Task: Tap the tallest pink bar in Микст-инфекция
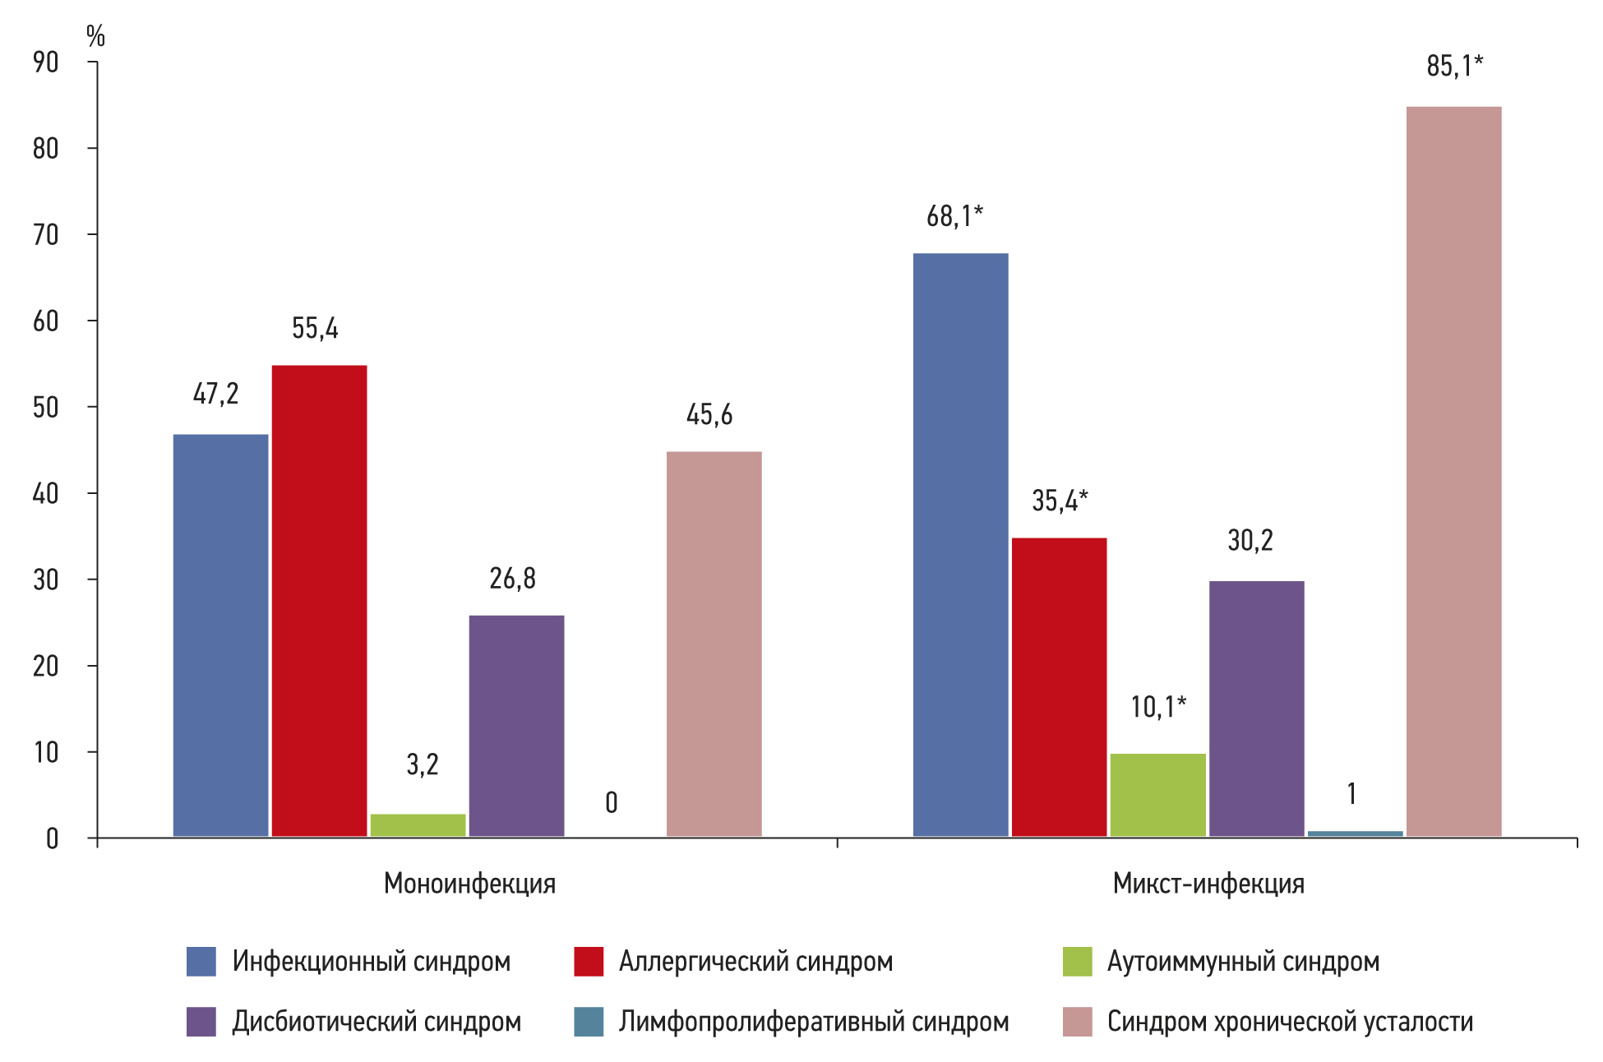1453,471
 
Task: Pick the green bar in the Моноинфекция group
418,824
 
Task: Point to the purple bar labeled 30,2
1256,709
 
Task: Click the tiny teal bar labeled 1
1355,833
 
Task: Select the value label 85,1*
1454,66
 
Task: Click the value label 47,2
215,394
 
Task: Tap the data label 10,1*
1158,707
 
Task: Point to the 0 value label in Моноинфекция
611,802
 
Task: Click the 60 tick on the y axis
46,321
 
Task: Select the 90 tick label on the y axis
46,62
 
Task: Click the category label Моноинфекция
469,884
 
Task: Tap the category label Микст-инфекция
1208,884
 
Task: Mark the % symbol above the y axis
95,36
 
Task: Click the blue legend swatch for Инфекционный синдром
201,961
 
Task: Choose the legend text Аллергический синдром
755,961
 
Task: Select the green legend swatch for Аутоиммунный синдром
1077,961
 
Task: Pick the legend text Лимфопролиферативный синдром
813,1022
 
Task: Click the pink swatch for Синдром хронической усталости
1077,1022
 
